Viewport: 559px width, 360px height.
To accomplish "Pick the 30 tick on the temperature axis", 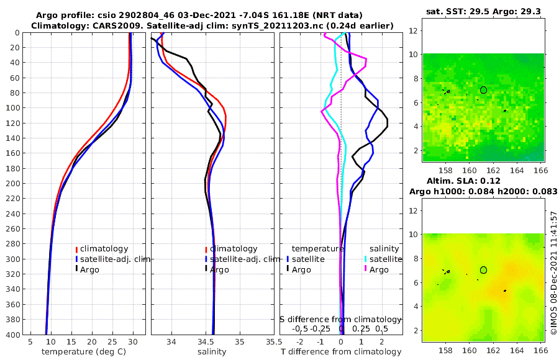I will (133, 341).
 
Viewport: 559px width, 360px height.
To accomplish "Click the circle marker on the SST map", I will (483, 90).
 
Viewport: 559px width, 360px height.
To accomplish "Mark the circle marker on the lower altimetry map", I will (483, 270).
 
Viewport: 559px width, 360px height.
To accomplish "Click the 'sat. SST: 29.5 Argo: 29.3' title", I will (483, 12).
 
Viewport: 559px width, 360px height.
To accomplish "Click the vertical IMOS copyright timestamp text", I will (553, 273).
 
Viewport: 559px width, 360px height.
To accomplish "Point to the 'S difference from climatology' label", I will (341, 318).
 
